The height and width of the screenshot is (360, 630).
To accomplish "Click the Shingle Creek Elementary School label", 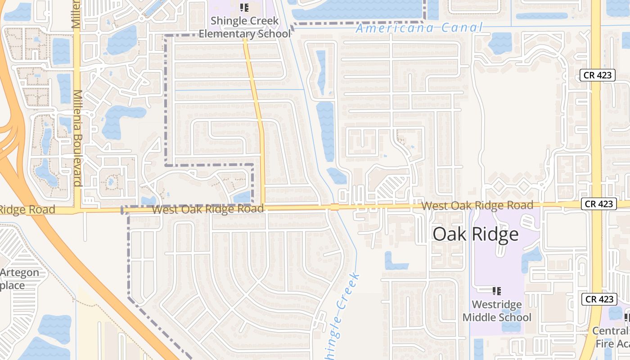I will [x=245, y=27].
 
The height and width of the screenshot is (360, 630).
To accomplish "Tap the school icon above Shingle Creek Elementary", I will [x=244, y=7].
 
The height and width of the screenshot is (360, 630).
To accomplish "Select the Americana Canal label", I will [x=419, y=28].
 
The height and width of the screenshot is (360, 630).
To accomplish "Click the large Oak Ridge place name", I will [x=476, y=234].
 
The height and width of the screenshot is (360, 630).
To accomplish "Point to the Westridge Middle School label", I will [x=497, y=311].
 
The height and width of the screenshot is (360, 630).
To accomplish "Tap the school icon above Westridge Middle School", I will [x=497, y=291].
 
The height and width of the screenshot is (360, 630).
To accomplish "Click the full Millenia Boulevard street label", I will [x=77, y=138].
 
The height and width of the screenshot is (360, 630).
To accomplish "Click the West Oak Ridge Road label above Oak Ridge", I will [x=477, y=206].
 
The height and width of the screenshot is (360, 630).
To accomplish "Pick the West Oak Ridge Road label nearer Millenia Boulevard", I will [x=207, y=209].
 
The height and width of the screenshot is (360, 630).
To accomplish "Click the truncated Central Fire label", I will [x=612, y=337].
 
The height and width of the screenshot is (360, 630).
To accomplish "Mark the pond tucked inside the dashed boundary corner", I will [x=242, y=197].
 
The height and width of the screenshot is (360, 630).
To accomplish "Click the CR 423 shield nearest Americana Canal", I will [x=597, y=75].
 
